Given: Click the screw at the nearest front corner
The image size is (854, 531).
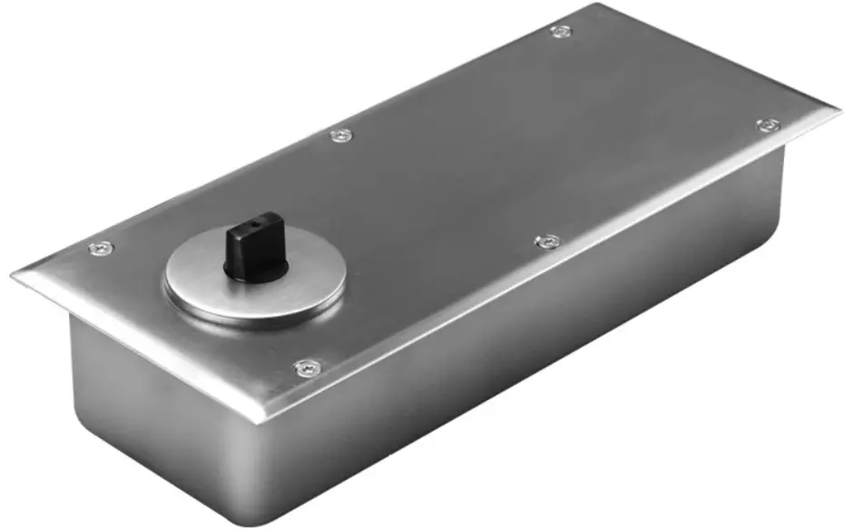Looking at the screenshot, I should tap(307, 368).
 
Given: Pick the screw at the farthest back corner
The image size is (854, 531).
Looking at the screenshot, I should tap(561, 32).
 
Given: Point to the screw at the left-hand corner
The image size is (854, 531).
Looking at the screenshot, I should tap(101, 248).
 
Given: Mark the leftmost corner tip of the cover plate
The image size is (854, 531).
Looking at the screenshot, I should tap(13, 273).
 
